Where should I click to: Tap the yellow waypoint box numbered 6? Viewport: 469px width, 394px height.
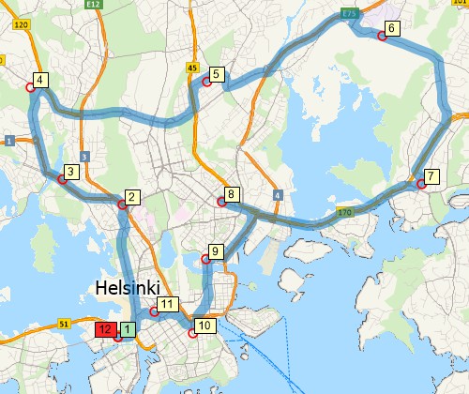click(392, 28)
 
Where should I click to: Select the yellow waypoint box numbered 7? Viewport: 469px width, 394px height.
click(431, 176)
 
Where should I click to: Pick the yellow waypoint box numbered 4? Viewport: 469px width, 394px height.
click(40, 80)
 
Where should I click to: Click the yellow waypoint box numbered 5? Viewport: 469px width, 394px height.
click(216, 74)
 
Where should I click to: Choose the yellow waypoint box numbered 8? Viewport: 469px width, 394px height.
click(233, 194)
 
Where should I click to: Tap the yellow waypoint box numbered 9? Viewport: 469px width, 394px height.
click(215, 251)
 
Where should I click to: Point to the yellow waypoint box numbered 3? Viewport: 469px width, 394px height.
click(69, 172)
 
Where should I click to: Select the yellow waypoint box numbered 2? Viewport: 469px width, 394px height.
click(131, 197)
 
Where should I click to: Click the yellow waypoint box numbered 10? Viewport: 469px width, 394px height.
click(206, 326)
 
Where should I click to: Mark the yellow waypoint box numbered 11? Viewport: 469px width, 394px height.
click(167, 304)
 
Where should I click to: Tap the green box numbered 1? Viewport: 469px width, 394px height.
click(128, 329)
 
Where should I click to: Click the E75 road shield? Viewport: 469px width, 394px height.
click(351, 13)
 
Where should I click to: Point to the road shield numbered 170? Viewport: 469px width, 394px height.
click(344, 213)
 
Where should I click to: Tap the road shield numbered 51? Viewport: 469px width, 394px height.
click(65, 324)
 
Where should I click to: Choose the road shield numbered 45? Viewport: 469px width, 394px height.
click(192, 68)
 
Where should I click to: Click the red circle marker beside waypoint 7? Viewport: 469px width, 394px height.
click(421, 185)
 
